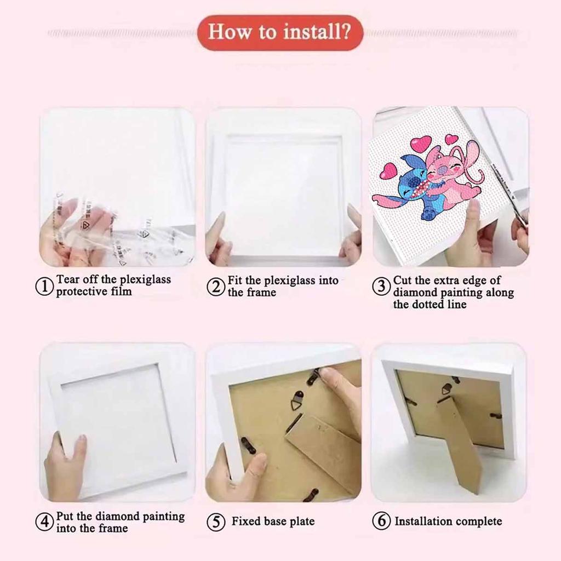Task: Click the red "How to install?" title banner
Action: point(280,32)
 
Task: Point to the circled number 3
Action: point(381,287)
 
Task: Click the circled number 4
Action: point(45,522)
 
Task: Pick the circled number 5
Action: point(216,522)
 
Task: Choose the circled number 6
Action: point(381,521)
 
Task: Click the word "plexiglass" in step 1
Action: point(145,280)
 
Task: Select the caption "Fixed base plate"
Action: point(273,521)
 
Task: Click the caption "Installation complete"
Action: point(448,521)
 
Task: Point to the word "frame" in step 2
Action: point(261,293)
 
